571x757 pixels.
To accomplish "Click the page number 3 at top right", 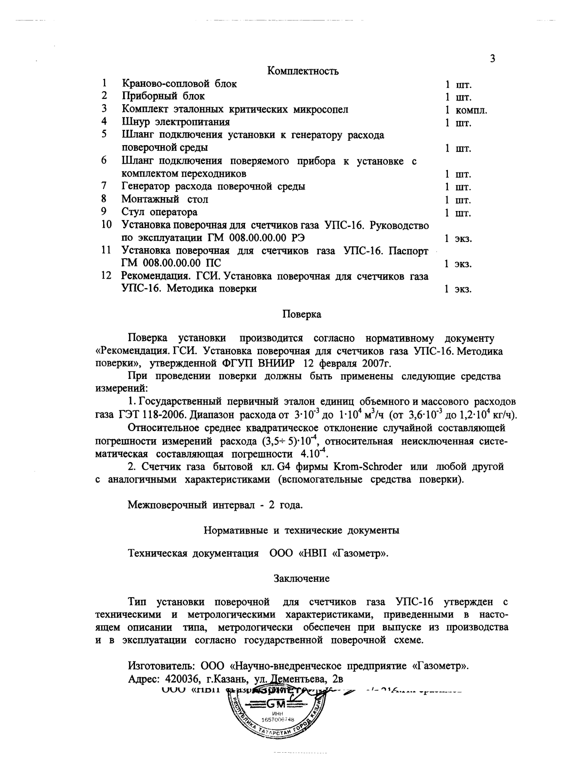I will (492, 59).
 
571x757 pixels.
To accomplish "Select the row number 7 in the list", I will (104, 186).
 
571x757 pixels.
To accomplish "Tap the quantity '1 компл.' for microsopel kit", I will (465, 110).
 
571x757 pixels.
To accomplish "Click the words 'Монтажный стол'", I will (165, 199).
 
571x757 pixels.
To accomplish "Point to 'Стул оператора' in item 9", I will (159, 212).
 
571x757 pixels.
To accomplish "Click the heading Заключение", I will (301, 578).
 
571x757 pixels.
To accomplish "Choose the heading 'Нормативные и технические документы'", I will (302, 530).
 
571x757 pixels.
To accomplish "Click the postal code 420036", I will (179, 679).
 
